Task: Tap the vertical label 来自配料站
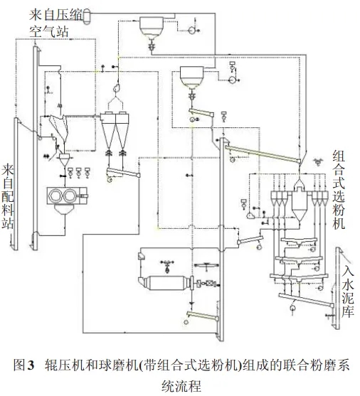(8, 197)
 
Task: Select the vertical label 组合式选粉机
(338, 189)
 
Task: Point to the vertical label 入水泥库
(348, 292)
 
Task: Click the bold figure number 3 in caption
(31, 365)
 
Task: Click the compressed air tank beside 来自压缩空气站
(87, 16)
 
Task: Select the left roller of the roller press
(55, 196)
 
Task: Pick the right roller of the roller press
(70, 196)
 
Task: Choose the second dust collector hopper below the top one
(191, 77)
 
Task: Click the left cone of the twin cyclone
(108, 132)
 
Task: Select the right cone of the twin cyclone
(122, 132)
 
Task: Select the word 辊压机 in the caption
(60, 365)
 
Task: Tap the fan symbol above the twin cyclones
(117, 88)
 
